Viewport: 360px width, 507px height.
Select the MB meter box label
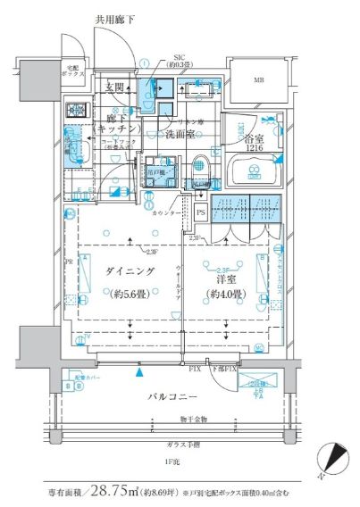coord(259,82)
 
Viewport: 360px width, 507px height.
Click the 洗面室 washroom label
coord(180,135)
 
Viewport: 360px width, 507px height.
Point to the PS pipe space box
coord(201,212)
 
